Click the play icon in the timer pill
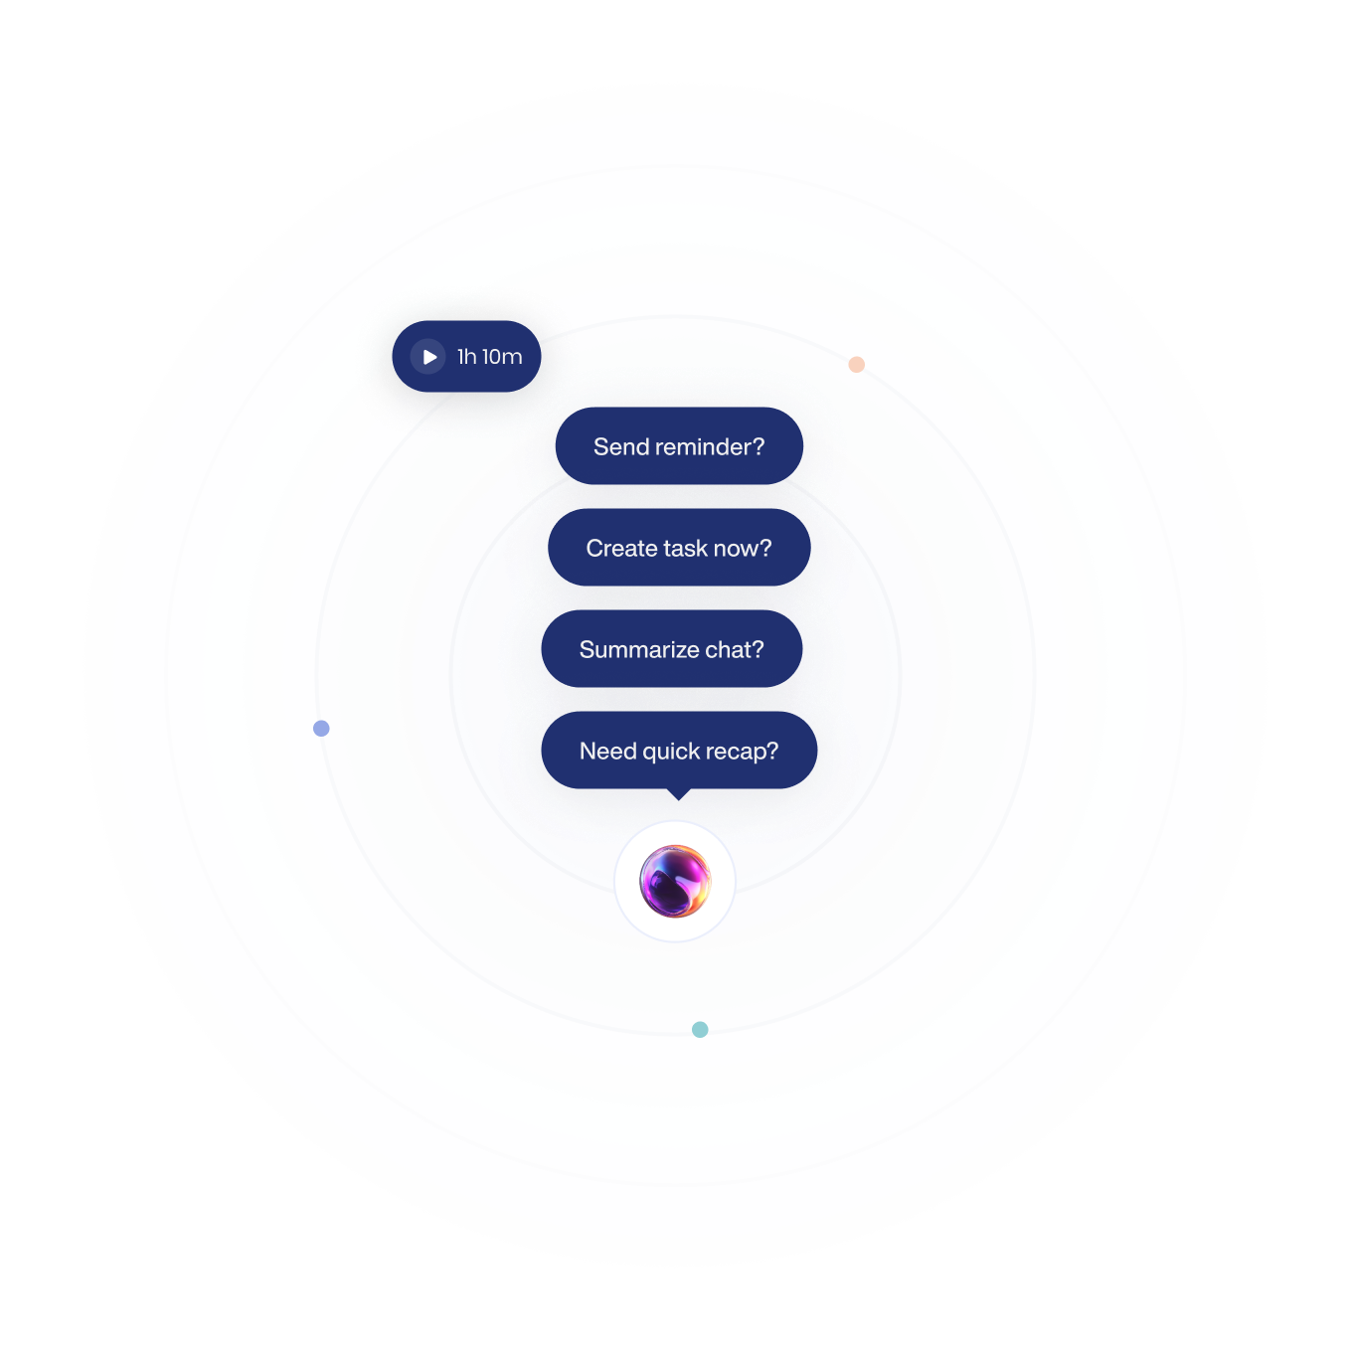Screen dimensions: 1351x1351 click(x=428, y=357)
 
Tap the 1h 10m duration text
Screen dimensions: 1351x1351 click(x=489, y=357)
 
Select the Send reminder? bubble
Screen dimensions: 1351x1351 click(x=679, y=446)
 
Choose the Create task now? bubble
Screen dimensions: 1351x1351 click(x=679, y=548)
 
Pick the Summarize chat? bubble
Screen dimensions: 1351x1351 click(x=671, y=649)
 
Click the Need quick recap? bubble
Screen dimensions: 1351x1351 click(x=679, y=751)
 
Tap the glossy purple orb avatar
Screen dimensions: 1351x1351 click(x=675, y=881)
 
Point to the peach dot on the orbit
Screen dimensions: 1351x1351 click(x=856, y=365)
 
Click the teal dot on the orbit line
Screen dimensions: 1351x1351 click(x=700, y=1029)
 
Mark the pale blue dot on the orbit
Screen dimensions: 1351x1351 click(x=321, y=728)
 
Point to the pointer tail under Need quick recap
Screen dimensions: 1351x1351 click(x=678, y=793)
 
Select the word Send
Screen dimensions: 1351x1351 click(x=621, y=447)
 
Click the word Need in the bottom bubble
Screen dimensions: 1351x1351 click(x=608, y=752)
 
